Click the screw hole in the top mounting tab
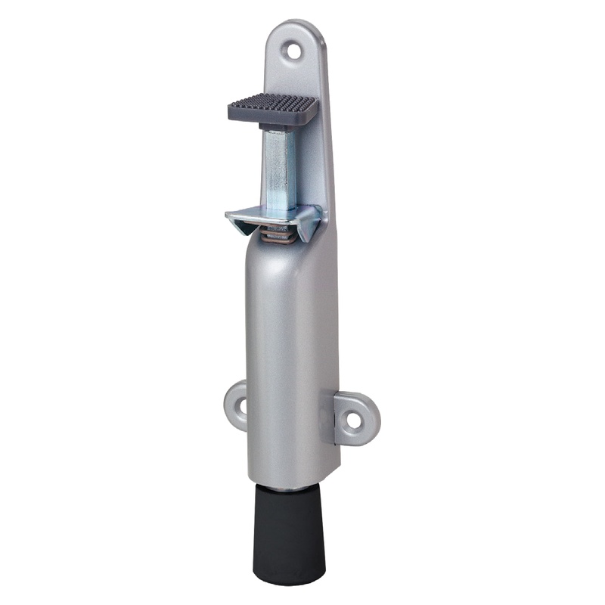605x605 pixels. click(291, 51)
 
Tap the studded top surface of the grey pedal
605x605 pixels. click(274, 104)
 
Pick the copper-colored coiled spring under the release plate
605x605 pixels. click(279, 236)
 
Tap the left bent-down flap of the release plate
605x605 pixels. click(240, 225)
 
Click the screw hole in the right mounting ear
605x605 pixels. click(353, 417)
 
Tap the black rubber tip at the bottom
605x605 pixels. click(289, 529)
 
